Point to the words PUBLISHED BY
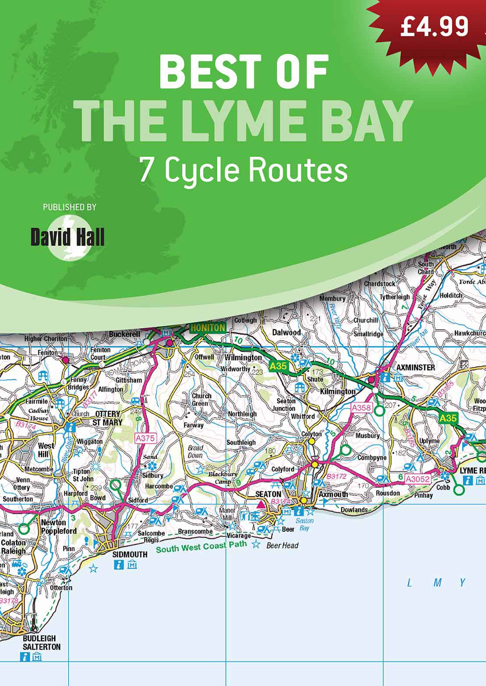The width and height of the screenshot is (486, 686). pyautogui.click(x=69, y=207)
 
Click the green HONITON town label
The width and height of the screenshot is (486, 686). pyautogui.click(x=208, y=328)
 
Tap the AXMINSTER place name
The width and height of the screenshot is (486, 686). pyautogui.click(x=416, y=368)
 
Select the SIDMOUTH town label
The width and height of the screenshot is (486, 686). pyautogui.click(x=130, y=554)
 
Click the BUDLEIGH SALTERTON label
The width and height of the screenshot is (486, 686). pyautogui.click(x=42, y=642)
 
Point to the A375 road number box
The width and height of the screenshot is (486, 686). pyautogui.click(x=145, y=438)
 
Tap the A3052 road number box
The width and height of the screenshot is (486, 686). pyautogui.click(x=417, y=479)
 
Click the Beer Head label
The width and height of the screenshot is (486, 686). pyautogui.click(x=282, y=545)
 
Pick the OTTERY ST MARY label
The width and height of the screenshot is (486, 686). pyautogui.click(x=107, y=418)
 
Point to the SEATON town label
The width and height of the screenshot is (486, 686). pyautogui.click(x=268, y=494)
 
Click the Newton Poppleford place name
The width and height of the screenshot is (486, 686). pyautogui.click(x=59, y=527)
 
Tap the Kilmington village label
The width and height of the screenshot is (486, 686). pyautogui.click(x=338, y=391)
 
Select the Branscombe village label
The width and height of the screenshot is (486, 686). pyautogui.click(x=195, y=531)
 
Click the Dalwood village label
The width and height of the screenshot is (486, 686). pyautogui.click(x=286, y=332)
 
